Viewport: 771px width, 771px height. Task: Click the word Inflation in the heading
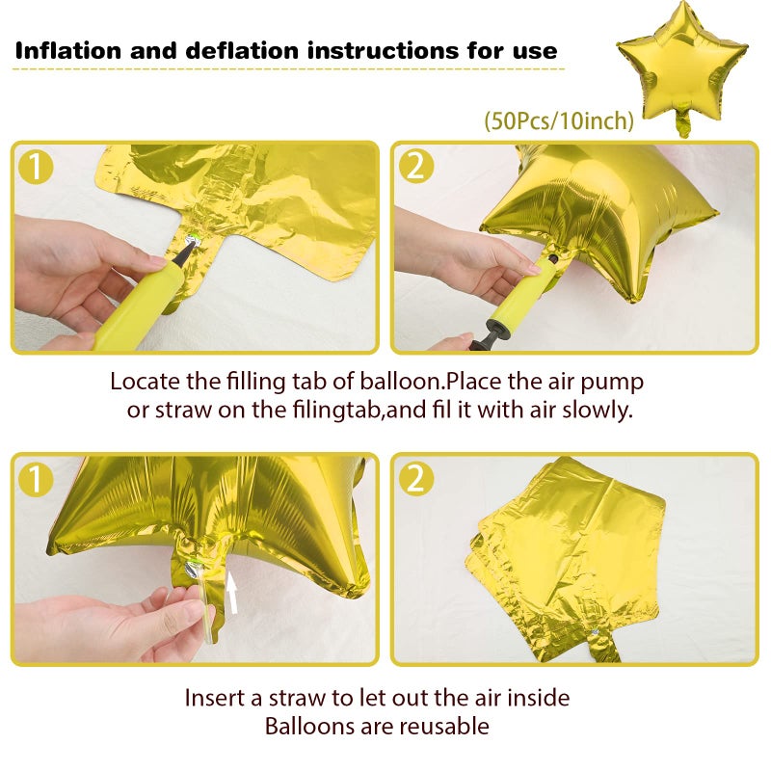point(67,51)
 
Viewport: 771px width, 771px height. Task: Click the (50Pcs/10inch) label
point(559,120)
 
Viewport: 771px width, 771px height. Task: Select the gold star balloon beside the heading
point(682,66)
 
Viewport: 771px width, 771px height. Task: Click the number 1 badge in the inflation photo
point(36,167)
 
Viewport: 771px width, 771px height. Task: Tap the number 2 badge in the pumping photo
point(416,166)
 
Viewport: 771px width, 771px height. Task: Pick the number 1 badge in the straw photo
point(36,478)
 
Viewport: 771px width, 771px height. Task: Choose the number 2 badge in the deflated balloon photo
point(416,478)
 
